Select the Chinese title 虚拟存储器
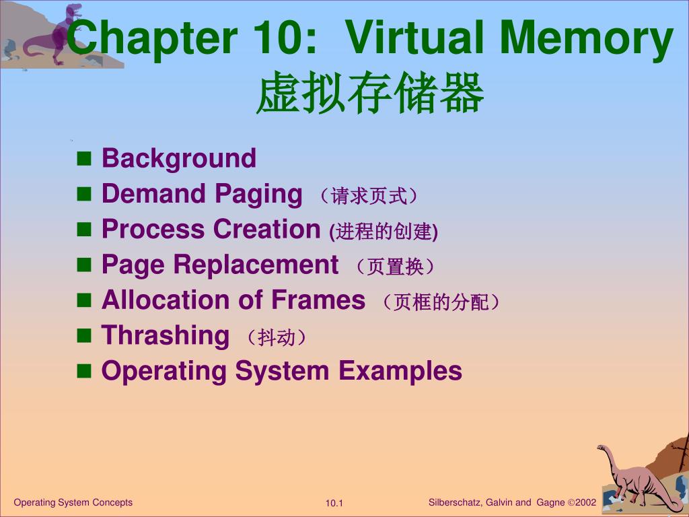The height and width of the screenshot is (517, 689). click(x=370, y=93)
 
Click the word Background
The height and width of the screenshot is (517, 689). click(x=179, y=159)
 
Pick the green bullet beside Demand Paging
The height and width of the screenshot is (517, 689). click(x=84, y=194)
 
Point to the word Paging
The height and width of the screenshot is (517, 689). click(x=258, y=195)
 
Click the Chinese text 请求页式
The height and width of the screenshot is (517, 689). click(x=369, y=196)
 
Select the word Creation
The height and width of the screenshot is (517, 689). click(x=266, y=229)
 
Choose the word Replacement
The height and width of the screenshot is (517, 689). click(x=256, y=265)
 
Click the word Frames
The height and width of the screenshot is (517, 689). click(x=318, y=300)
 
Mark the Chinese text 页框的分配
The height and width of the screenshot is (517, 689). click(x=441, y=302)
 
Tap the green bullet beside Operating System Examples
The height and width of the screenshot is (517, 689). click(x=84, y=372)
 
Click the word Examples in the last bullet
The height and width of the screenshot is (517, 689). click(x=400, y=372)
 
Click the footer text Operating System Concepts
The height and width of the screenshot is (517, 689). click(x=73, y=502)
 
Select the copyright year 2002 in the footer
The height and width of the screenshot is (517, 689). click(x=585, y=502)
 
